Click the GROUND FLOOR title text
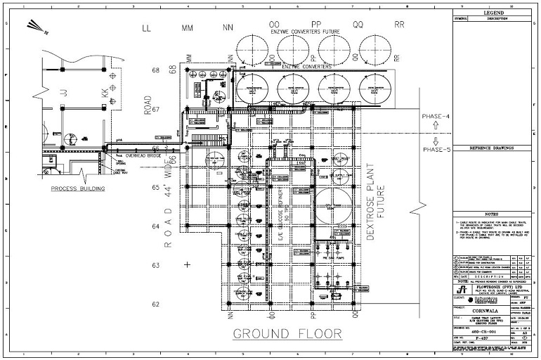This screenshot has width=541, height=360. click(287, 333)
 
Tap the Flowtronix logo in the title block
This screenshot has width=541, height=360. click(461, 290)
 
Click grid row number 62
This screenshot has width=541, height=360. click(156, 304)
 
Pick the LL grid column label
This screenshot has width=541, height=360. click(147, 29)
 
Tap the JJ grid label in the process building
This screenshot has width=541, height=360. click(64, 92)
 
